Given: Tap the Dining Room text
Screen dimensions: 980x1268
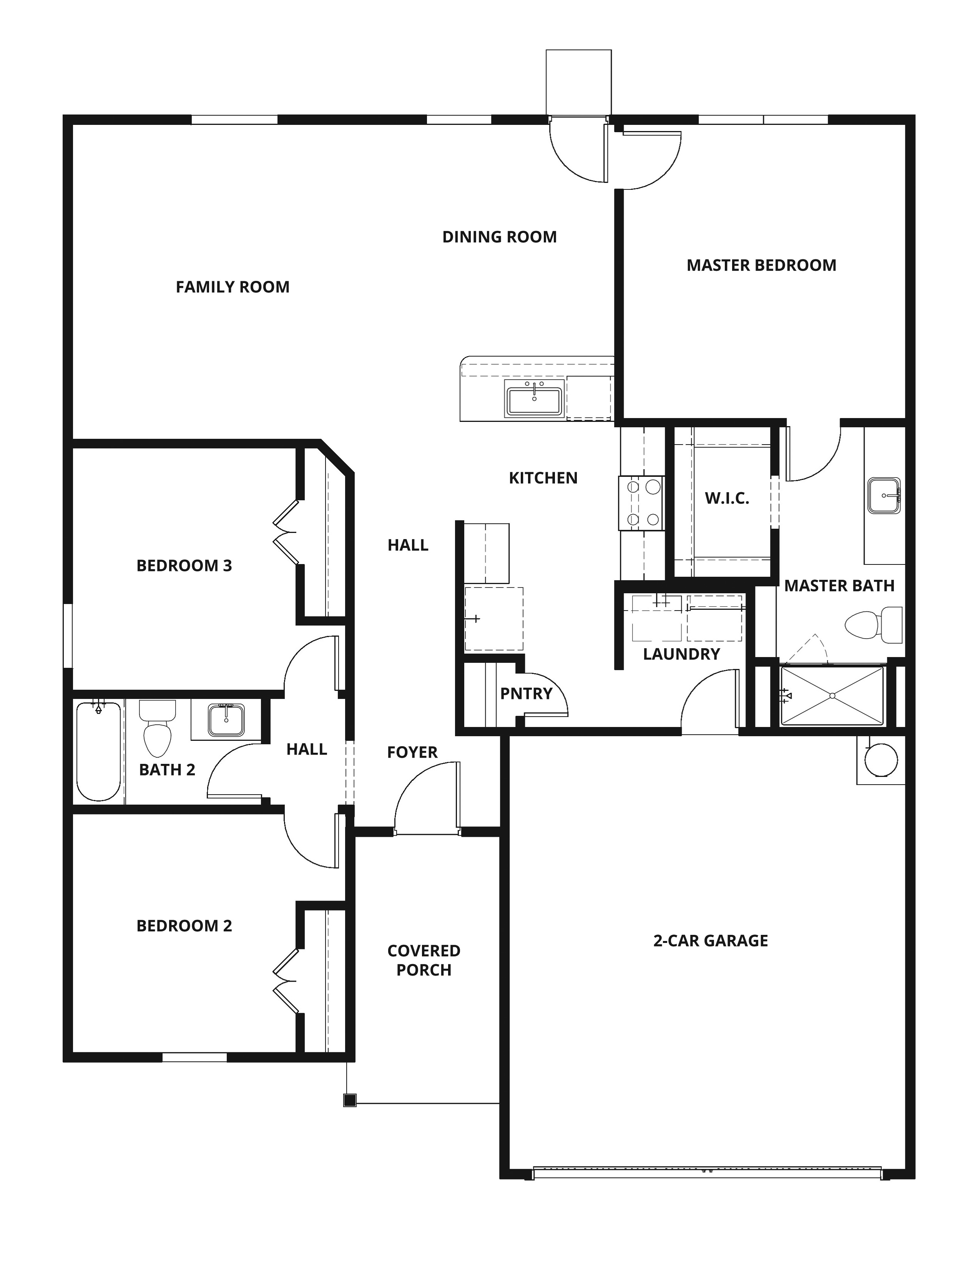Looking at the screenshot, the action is pos(499,237).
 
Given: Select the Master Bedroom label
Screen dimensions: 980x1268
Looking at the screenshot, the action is pos(761,266).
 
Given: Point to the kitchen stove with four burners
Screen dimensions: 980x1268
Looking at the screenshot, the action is pos(641,503).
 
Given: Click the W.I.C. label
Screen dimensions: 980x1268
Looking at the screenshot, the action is pos(727,498).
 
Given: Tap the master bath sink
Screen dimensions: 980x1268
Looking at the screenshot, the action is pos(884,496).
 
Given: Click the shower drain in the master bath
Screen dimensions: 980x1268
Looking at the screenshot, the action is pos(832,695).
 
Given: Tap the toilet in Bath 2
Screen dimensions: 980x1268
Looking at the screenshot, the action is pos(157,728).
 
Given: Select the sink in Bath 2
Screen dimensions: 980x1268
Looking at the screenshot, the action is pos(226,720).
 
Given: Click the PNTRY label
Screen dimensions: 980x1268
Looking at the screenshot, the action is pos(526,693).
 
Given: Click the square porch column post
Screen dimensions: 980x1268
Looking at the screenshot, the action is pos(349,1100).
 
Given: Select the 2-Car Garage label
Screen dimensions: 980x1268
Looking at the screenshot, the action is pos(711,941).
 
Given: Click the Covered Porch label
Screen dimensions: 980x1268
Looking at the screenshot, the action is pos(424,960).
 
